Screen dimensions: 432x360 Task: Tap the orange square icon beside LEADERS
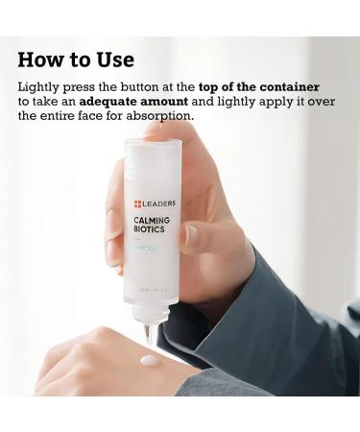coord(138,204)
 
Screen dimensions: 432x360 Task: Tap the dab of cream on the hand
coord(150,362)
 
